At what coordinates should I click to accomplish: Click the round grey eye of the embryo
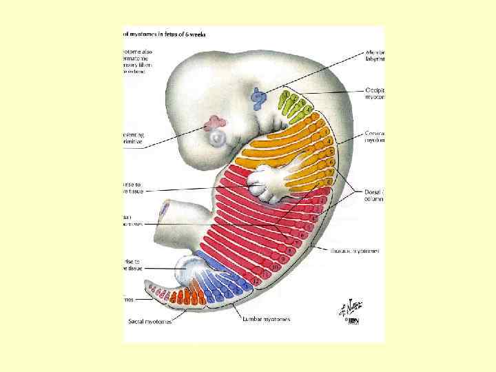point(218,139)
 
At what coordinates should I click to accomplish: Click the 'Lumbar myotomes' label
point(265,319)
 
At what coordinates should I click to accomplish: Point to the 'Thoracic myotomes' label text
point(355,251)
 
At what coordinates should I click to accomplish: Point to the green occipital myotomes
point(293,104)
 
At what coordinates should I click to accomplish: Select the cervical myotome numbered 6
point(331,161)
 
